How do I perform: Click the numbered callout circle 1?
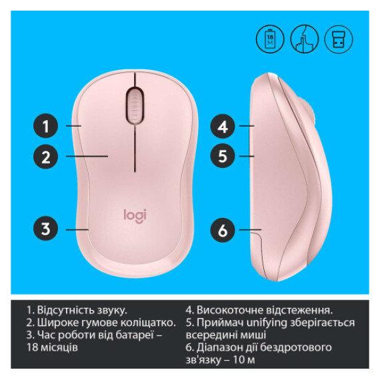click(45, 125)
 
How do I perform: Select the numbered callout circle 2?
click(45, 157)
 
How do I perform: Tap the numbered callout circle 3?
click(45, 229)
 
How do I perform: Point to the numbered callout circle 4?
click(223, 125)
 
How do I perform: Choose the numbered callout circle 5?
click(223, 157)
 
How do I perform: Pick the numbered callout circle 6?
click(223, 231)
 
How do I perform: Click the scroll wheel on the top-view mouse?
click(135, 104)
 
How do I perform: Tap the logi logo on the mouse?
click(135, 215)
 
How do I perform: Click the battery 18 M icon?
click(269, 40)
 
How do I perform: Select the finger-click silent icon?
click(304, 40)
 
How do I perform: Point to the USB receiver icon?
click(338, 40)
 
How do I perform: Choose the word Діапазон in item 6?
click(224, 348)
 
